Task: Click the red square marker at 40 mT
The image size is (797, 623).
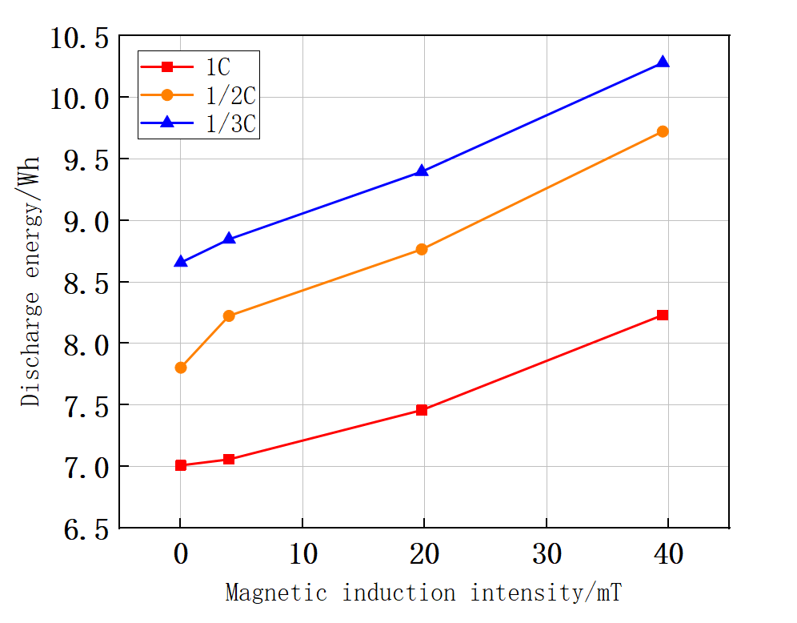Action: pyautogui.click(x=663, y=315)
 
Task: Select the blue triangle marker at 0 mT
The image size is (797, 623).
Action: pyautogui.click(x=181, y=261)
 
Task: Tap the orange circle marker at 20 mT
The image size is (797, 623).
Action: pyautogui.click(x=422, y=249)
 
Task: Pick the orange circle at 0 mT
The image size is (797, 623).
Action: pyautogui.click(x=181, y=368)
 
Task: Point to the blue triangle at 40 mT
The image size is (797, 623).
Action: pyautogui.click(x=663, y=62)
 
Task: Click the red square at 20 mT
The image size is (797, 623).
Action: pyautogui.click(x=422, y=410)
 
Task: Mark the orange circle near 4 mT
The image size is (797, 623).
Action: pyautogui.click(x=229, y=316)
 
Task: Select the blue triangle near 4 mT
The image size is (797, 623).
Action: pyautogui.click(x=229, y=238)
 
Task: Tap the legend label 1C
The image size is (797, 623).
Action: pyautogui.click(x=212, y=66)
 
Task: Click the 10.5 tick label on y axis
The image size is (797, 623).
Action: pyautogui.click(x=79, y=37)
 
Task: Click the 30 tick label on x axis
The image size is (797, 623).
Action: pyautogui.click(x=546, y=553)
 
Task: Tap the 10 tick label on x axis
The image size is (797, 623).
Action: pyautogui.click(x=302, y=553)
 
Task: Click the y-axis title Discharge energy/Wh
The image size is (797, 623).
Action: pyautogui.click(x=31, y=282)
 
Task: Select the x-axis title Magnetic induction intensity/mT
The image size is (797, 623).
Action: pyautogui.click(x=423, y=593)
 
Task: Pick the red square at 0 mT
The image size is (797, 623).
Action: pyautogui.click(x=181, y=464)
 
